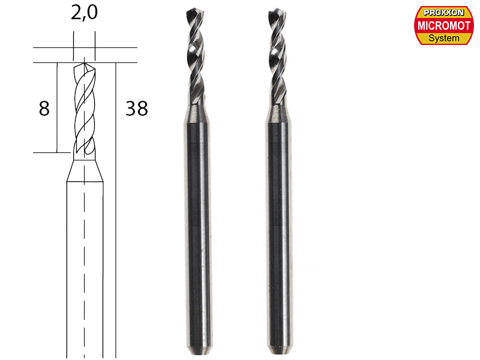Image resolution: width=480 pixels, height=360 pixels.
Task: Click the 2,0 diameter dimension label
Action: pos(83,14)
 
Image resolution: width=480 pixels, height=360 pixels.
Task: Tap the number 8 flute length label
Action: pos(43,109)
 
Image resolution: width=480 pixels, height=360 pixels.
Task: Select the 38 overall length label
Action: pos(136,109)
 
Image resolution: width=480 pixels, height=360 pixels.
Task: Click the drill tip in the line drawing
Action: pos(85,62)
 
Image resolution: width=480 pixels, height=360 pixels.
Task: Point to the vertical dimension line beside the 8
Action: pos(56,108)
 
